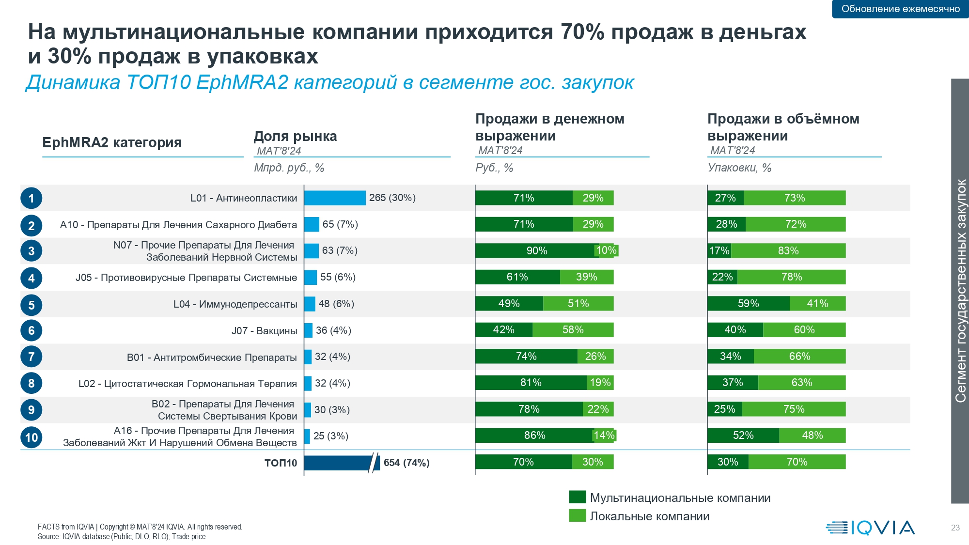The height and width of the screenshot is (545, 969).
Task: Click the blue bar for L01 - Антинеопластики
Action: pyautogui.click(x=335, y=198)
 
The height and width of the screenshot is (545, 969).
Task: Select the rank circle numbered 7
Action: pyautogui.click(x=31, y=357)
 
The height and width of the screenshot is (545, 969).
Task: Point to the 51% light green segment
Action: pyautogui.click(x=578, y=304)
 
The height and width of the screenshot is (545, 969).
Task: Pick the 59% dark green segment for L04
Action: pyautogui.click(x=748, y=304)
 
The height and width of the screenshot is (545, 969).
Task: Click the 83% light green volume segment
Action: pyautogui.click(x=788, y=250)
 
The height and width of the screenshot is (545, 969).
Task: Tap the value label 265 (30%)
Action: pyautogui.click(x=392, y=198)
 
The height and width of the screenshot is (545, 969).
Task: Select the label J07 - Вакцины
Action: pyautogui.click(x=264, y=331)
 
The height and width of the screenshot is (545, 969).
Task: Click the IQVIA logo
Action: pyautogui.click(x=870, y=528)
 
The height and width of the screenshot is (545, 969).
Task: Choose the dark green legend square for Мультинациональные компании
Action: pyautogui.click(x=577, y=497)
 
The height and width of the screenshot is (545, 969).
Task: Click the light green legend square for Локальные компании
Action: pyautogui.click(x=577, y=515)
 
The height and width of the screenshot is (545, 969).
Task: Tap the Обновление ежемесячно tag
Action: pyautogui.click(x=900, y=9)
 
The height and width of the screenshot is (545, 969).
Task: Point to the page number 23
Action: pyautogui.click(x=955, y=528)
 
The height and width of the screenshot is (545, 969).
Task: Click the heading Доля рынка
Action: pyautogui.click(x=295, y=137)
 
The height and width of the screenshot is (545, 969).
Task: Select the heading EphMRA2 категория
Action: pyautogui.click(x=112, y=142)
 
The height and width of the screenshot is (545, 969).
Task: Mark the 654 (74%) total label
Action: pyautogui.click(x=406, y=463)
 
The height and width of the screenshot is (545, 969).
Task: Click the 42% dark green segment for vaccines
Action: pyautogui.click(x=503, y=330)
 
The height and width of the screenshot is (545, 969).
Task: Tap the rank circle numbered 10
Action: pyautogui.click(x=31, y=437)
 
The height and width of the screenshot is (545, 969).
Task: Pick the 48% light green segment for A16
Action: pyautogui.click(x=812, y=436)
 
